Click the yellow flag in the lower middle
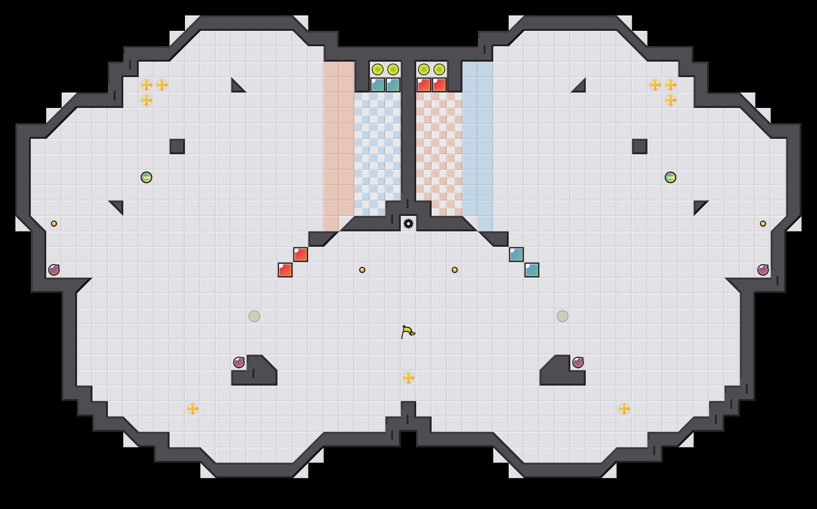408,332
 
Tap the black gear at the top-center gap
408,224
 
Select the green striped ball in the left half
146,177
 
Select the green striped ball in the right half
671,177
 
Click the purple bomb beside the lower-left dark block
239,362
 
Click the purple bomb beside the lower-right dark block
578,362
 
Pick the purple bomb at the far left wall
54,270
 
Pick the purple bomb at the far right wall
763,270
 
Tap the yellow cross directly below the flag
408,378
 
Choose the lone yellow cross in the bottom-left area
193,409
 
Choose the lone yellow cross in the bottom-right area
624,409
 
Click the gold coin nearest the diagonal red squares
362,270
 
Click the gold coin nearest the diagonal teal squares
455,270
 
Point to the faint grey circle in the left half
254,316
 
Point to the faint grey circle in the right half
563,316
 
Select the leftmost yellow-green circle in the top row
378,69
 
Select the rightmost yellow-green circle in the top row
439,69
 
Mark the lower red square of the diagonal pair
285,270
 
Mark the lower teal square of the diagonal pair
532,270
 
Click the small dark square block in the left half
177,147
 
